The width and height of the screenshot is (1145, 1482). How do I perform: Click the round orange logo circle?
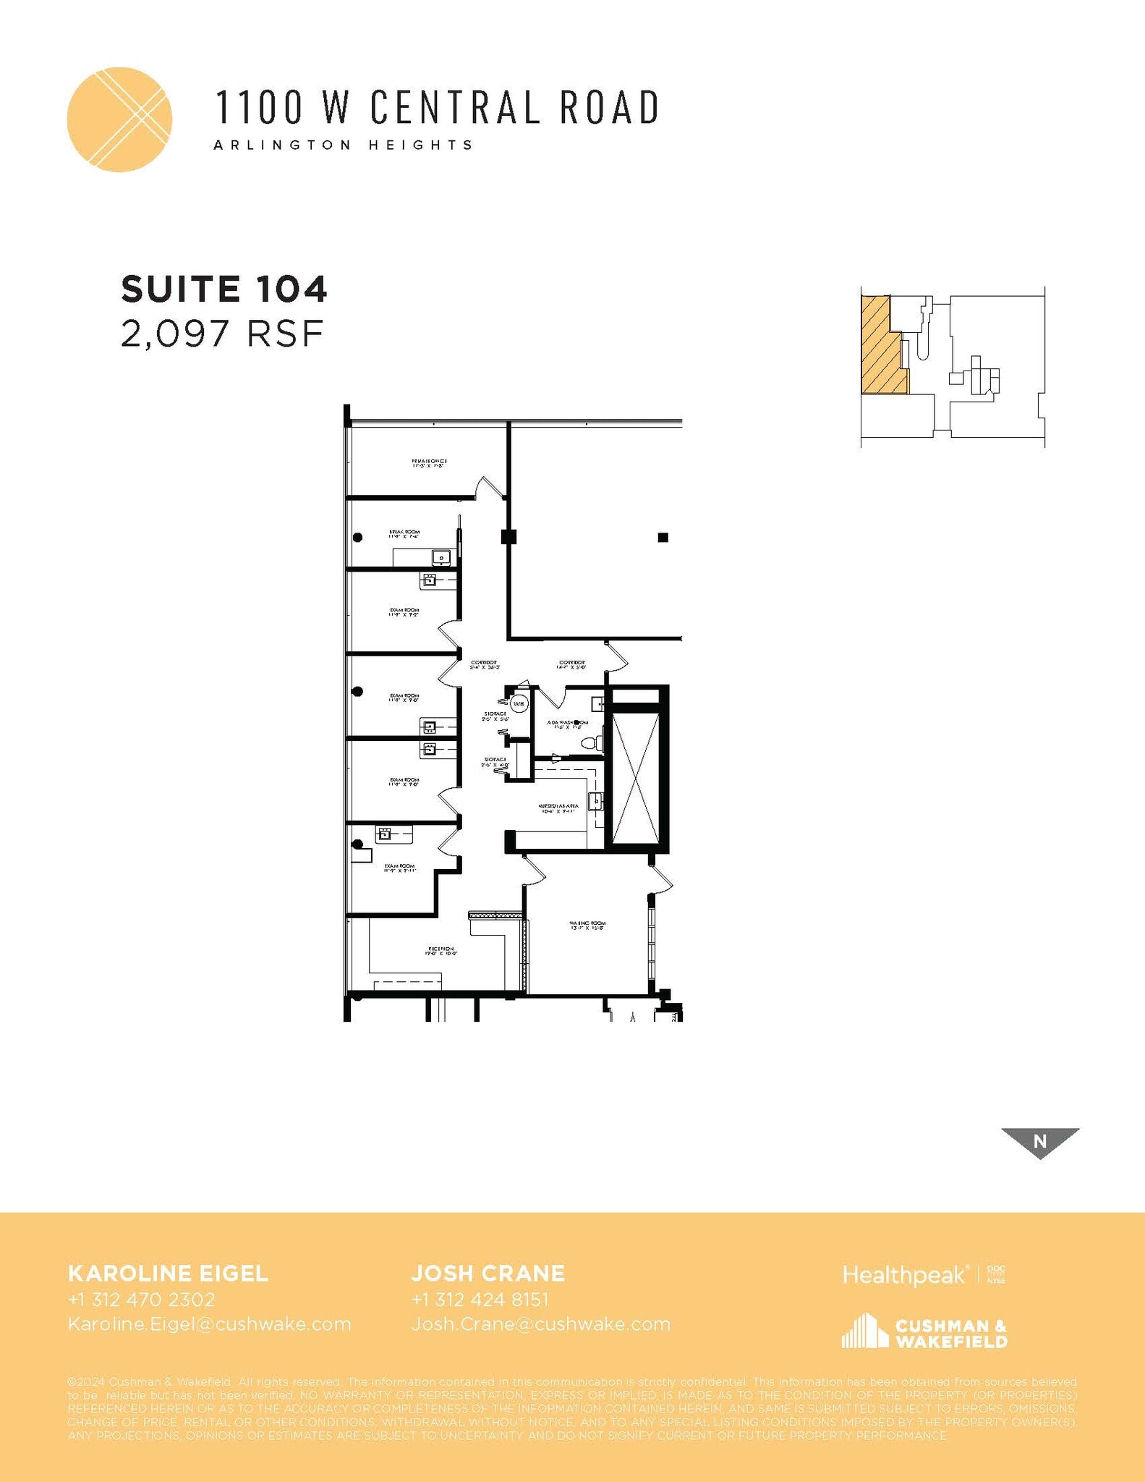pyautogui.click(x=119, y=119)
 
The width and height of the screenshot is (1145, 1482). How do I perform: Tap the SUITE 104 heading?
pyautogui.click(x=224, y=289)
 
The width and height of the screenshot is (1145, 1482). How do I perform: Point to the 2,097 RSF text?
pyautogui.click(x=221, y=334)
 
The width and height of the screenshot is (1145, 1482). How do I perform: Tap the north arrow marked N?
pyautogui.click(x=1039, y=1141)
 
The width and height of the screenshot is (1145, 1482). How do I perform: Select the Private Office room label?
pyautogui.click(x=429, y=463)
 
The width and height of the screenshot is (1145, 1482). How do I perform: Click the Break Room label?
pyautogui.click(x=404, y=534)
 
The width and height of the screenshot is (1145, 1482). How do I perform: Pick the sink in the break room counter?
pyautogui.click(x=440, y=557)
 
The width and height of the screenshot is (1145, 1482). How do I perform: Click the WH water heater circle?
pyautogui.click(x=519, y=703)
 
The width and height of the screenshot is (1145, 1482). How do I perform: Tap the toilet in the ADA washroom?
pyautogui.click(x=589, y=742)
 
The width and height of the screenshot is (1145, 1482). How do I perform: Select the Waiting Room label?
pyautogui.click(x=587, y=926)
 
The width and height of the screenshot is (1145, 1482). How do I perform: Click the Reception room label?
pyautogui.click(x=440, y=951)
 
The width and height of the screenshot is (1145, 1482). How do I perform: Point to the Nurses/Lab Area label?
pyautogui.click(x=558, y=808)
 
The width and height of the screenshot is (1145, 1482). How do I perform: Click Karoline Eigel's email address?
pyautogui.click(x=209, y=1324)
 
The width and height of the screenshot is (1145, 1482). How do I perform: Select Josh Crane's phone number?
pyautogui.click(x=480, y=1300)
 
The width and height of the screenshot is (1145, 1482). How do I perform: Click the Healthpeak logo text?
pyautogui.click(x=904, y=1274)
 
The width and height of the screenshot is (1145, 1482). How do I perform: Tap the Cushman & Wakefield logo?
pyautogui.click(x=924, y=1333)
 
